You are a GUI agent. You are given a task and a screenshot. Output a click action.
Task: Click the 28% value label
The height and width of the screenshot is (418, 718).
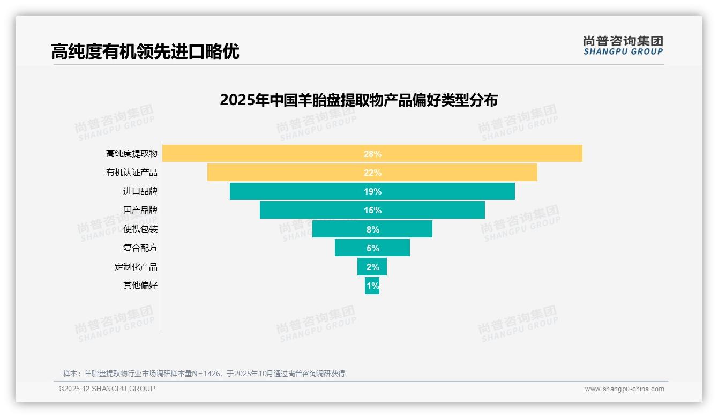coord(372,154)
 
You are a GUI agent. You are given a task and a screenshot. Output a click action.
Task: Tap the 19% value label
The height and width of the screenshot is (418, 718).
coord(372,191)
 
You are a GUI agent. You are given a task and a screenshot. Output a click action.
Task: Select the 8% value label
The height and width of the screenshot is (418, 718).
coord(373,229)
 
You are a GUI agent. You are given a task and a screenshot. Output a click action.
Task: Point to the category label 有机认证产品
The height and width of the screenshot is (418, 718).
coord(132,173)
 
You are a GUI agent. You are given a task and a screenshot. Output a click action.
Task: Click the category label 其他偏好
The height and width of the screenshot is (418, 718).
coord(140,286)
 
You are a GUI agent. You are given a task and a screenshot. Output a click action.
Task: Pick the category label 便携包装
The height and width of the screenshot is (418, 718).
coord(140,229)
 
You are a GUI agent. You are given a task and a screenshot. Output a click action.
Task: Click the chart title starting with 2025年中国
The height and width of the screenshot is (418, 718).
coord(358,100)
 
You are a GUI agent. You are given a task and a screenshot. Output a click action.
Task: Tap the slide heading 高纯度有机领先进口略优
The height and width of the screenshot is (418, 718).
coord(145,52)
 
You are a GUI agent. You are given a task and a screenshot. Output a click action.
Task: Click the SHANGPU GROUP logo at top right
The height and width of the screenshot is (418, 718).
coord(623,46)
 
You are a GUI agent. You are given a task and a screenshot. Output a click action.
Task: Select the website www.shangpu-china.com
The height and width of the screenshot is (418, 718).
coord(624,389)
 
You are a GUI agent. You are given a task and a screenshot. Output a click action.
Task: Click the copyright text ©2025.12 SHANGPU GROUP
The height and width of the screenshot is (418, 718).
coord(107,389)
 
